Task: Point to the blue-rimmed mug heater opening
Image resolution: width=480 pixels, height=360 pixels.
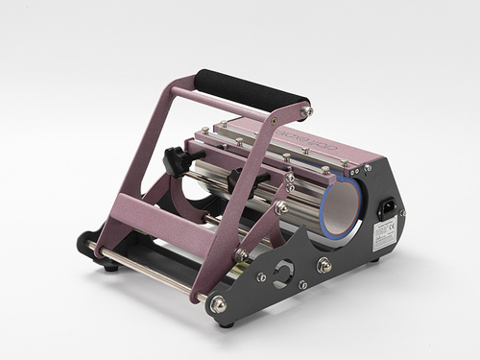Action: (x=342, y=206)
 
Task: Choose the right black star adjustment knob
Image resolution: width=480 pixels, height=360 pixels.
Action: (x=235, y=179)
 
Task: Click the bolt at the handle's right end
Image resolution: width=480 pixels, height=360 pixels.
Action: (x=304, y=112)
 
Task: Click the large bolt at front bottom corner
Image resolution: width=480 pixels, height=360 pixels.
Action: (x=218, y=304)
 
